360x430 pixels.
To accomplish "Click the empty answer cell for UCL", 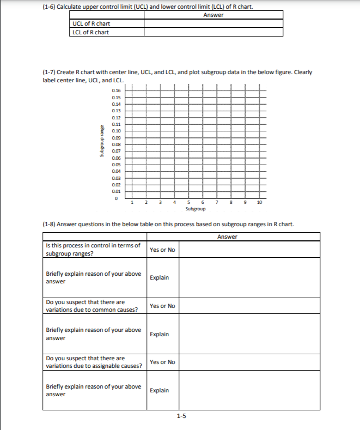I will (213, 23).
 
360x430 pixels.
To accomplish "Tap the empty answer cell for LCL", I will (213, 32).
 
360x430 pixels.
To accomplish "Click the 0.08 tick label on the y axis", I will (116, 144).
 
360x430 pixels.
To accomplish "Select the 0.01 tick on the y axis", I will (116, 191).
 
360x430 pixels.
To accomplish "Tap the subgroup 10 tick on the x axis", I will (259, 203).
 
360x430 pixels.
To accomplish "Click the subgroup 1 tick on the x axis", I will (132, 203).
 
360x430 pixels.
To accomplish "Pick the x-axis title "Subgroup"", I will (196, 209).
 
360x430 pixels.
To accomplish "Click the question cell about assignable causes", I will (94, 362).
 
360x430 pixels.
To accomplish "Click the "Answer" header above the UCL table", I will (213, 15).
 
